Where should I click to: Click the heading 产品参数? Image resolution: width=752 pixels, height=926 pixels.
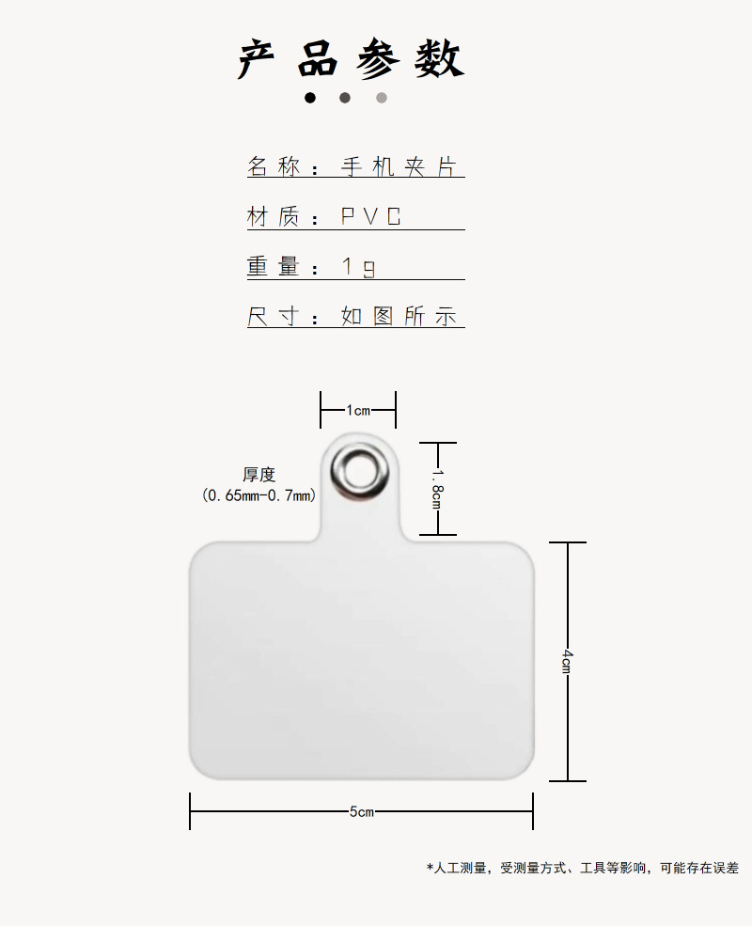352,59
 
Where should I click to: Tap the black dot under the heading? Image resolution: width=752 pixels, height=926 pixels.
310,98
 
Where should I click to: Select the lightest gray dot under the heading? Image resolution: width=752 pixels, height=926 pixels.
382,98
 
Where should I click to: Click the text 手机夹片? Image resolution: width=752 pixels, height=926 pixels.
399,167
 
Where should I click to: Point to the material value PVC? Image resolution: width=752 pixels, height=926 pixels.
371,217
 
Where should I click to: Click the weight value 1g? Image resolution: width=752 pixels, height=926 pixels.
358,267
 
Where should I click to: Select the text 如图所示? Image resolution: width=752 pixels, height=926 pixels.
399,317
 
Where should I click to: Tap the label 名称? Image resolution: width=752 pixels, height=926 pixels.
274,167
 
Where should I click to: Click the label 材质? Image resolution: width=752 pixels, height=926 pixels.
274,217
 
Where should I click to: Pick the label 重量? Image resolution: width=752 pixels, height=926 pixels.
274,267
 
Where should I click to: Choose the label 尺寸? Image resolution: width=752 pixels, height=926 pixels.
274,317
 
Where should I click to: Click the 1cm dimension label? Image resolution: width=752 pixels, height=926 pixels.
358,410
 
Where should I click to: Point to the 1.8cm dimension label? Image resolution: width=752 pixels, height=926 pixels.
437,489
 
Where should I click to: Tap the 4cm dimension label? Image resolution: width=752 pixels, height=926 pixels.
567,661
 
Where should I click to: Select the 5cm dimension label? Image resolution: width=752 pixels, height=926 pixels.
362,811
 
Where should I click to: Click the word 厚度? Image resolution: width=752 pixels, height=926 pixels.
259,476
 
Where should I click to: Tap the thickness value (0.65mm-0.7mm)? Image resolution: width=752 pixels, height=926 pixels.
259,495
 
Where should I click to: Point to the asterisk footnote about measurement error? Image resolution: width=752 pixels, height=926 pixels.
582,868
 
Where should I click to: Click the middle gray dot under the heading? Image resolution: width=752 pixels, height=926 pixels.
345,98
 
